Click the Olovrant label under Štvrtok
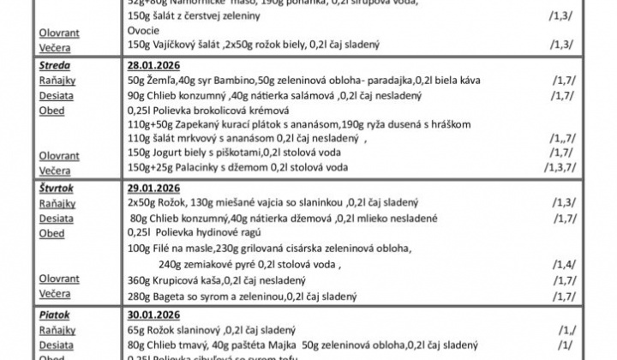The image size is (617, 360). click(x=59, y=279)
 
